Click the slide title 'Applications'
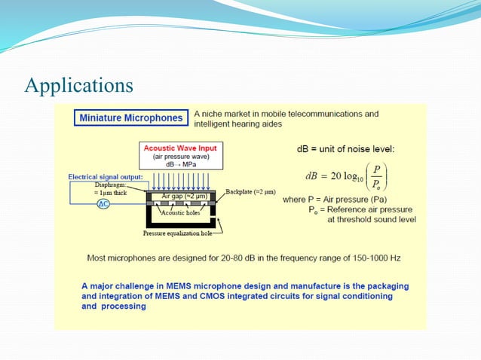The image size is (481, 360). (79, 84)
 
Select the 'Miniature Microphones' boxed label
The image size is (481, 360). (131, 118)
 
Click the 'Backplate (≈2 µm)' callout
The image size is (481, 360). (251, 193)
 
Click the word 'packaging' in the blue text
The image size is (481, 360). (384, 286)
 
